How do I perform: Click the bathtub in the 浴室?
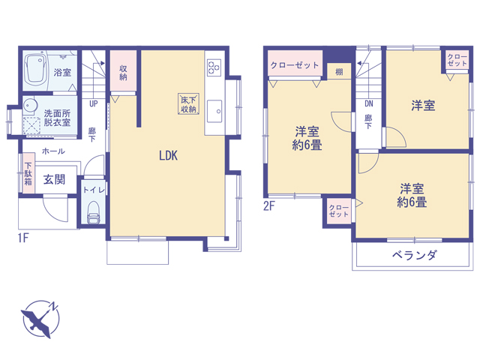pos(35,68)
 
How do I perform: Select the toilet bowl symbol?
pos(93,212)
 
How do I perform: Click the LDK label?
pos(168,155)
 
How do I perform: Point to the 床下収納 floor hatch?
pos(188,104)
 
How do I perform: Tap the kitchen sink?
pos(214,111)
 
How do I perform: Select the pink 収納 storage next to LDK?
pos(123,70)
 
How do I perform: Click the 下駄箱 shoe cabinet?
pos(28,174)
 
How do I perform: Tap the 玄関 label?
pos(54,179)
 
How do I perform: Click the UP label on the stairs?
pos(93,103)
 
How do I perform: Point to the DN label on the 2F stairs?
pos(369,103)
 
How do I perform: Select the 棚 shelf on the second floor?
pos(339,72)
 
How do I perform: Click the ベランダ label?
pos(415,255)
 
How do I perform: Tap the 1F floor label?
pos(23,238)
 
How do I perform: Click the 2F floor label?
pos(269,206)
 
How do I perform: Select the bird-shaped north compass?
pos(40,319)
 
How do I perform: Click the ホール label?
pos(53,151)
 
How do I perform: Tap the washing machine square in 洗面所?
pos(31,125)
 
